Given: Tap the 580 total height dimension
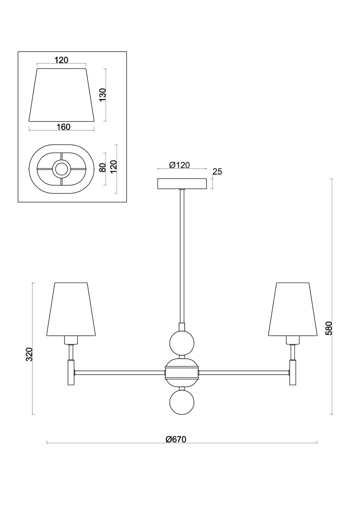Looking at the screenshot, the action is pyautogui.click(x=329, y=328).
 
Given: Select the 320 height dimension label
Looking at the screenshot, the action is pyautogui.click(x=29, y=354).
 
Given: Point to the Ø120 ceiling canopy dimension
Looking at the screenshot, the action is pyautogui.click(x=179, y=165).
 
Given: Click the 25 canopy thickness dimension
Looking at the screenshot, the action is pyautogui.click(x=217, y=172).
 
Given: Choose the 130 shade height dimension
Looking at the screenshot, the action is pyautogui.click(x=103, y=95).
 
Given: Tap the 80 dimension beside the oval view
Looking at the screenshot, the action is pyautogui.click(x=103, y=168).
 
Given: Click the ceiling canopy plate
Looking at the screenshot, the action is pyautogui.click(x=182, y=184).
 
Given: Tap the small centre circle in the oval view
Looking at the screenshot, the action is pyautogui.click(x=61, y=169).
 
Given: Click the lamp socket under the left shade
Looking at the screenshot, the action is pyautogui.click(x=71, y=340).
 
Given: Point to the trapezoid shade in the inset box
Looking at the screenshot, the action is pyautogui.click(x=61, y=95).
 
